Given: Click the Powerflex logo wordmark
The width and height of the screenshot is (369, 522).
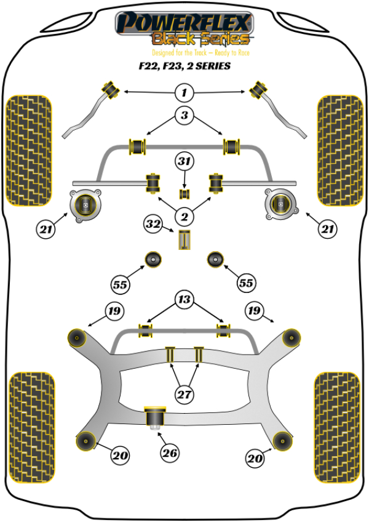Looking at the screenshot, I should [184, 23].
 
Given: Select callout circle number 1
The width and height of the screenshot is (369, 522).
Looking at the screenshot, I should [184, 94].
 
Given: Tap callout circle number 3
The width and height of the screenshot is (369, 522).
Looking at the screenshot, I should [184, 114].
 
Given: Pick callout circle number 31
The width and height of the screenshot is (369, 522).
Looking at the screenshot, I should [184, 162].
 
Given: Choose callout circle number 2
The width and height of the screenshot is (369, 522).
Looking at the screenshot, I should [184, 215].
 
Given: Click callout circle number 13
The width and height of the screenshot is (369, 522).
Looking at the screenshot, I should [184, 300].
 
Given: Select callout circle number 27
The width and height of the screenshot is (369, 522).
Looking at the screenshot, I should [184, 395].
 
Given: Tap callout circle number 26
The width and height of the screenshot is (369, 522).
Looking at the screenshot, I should [170, 454].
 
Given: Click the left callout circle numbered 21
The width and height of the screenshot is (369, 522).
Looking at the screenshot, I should [45, 230].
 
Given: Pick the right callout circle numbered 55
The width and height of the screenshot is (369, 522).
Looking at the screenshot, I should [246, 283].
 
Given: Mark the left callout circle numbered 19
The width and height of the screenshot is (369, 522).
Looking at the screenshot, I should [114, 311].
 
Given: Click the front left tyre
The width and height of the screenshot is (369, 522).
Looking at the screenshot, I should [28, 150].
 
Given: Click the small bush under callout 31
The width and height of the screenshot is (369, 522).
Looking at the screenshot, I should [184, 195].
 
